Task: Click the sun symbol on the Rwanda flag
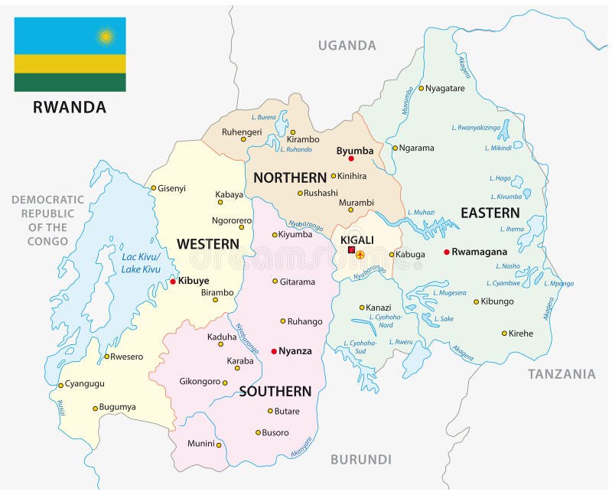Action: click(105, 35)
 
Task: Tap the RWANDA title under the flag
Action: click(70, 107)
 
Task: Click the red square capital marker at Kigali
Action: click(351, 250)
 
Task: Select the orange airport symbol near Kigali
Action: click(360, 255)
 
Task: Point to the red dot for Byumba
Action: click(351, 159)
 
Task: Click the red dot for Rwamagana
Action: click(447, 252)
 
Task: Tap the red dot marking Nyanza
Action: click(274, 351)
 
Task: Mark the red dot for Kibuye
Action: click(173, 282)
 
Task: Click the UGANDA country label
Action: click(347, 46)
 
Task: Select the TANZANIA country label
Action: click(562, 374)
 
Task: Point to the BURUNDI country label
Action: click(361, 460)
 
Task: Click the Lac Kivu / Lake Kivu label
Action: click(142, 262)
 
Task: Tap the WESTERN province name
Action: click(208, 244)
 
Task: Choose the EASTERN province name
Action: click(490, 213)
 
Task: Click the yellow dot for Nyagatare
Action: click(421, 88)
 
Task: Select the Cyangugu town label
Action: click(84, 384)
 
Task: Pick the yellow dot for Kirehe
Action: click(504, 333)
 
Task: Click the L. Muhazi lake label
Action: click(421, 212)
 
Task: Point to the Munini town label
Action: click(200, 444)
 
